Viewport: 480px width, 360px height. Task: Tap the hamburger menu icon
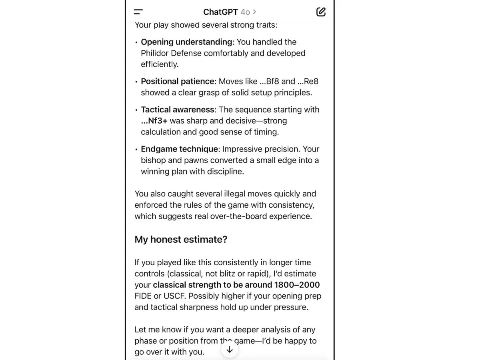(x=138, y=12)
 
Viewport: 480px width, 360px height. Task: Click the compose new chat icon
(x=321, y=12)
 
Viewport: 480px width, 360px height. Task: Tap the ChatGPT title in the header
(x=220, y=12)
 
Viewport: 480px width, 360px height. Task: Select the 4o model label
(x=245, y=12)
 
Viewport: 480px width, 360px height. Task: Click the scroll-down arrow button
(x=230, y=350)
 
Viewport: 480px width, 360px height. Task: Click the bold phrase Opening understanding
(x=186, y=42)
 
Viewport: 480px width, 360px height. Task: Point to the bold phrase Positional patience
(x=178, y=81)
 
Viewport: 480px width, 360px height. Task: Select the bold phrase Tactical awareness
(x=177, y=110)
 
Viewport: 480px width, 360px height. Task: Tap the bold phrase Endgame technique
(x=180, y=149)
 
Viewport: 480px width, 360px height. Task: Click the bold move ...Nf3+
(x=154, y=121)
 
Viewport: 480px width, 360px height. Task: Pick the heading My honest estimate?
(x=181, y=239)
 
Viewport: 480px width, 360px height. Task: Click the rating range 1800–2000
(x=297, y=285)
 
